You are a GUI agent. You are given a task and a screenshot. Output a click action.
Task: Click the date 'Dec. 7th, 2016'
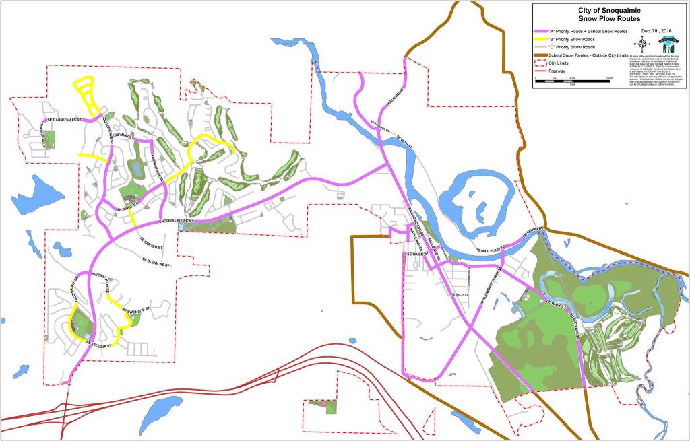pos(657,31)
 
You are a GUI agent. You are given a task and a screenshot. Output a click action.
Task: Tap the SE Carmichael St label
pos(63,121)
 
